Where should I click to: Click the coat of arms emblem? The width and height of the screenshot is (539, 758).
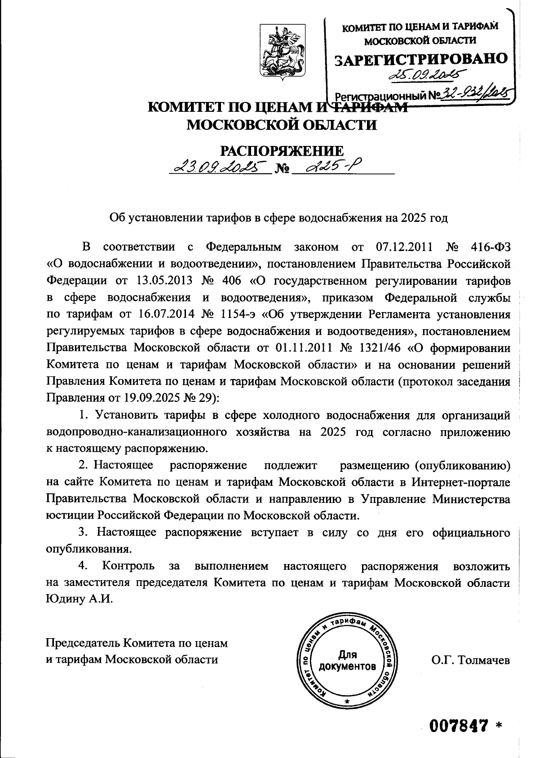[282, 53]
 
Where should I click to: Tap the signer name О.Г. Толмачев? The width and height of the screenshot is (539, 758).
[471, 660]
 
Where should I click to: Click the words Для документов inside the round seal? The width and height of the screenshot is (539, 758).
[347, 660]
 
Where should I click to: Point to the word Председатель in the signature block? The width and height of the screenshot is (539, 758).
[84, 643]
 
